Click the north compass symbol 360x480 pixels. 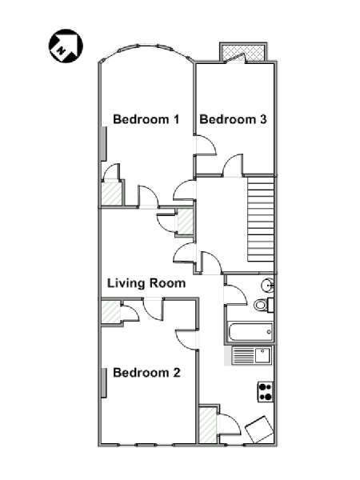[66, 46]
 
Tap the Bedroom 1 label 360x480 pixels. [146, 119]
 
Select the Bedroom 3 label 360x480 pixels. [233, 119]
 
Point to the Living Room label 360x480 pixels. [146, 283]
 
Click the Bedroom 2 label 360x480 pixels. [146, 373]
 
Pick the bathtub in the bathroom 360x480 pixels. [250, 332]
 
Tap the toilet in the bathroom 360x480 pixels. [263, 305]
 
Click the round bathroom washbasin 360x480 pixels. [267, 286]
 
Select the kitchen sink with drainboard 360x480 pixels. [252, 355]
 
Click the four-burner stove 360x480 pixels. [266, 391]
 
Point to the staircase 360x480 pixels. [260, 219]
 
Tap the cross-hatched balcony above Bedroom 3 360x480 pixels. [243, 52]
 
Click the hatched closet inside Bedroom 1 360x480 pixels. [112, 194]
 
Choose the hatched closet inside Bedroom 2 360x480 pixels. [111, 312]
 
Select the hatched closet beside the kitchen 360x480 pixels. [208, 425]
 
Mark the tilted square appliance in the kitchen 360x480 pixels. [259, 429]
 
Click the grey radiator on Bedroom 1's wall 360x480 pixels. [104, 144]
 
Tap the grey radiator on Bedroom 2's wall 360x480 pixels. [104, 383]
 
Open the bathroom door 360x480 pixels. [235, 294]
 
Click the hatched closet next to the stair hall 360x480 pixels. [186, 222]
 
